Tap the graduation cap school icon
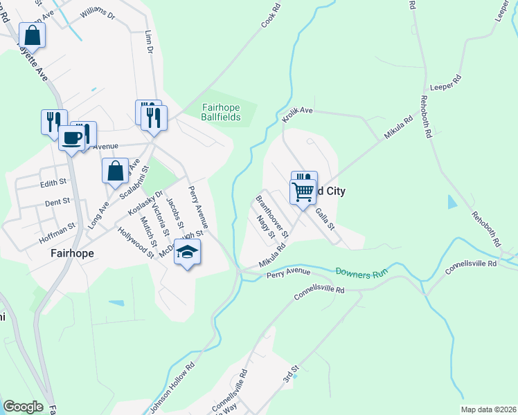187,252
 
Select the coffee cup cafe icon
71,138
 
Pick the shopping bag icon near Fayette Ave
32,34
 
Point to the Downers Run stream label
359,272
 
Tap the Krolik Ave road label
298,114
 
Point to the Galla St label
325,216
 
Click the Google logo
22,407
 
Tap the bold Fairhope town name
72,253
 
